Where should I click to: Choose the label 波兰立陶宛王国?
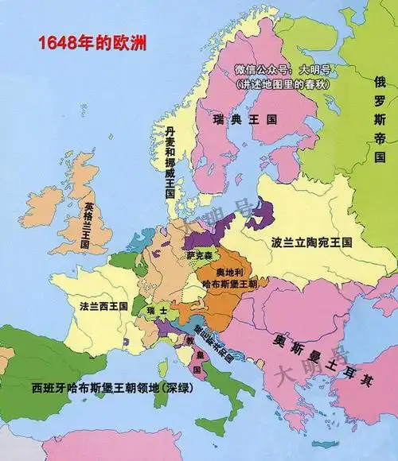(x=311, y=241)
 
